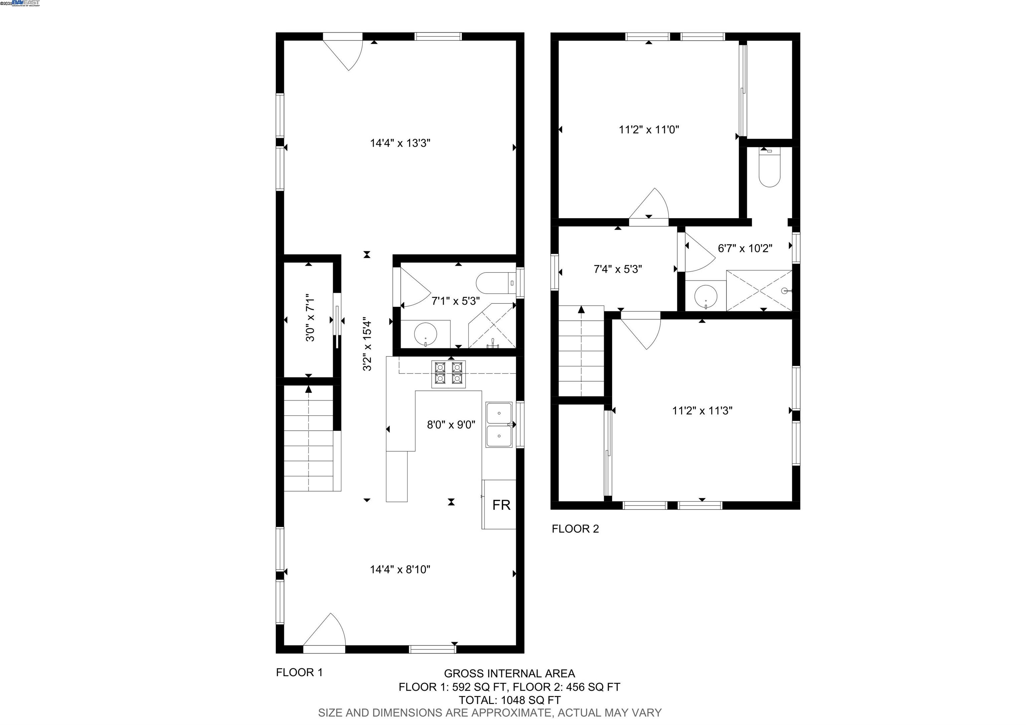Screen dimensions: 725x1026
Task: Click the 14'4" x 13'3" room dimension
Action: [x=400, y=143]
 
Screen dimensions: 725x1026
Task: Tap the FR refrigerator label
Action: [x=501, y=505]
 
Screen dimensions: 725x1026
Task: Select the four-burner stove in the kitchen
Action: [x=448, y=374]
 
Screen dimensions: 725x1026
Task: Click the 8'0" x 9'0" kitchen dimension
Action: [x=451, y=425]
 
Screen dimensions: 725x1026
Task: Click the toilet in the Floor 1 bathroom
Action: [x=495, y=283]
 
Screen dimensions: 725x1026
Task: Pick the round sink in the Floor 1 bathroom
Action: [x=425, y=333]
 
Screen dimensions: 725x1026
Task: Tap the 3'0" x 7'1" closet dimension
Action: [x=311, y=317]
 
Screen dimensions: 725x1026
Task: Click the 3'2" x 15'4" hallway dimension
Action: [x=367, y=344]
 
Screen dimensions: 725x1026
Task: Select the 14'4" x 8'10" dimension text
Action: [x=400, y=569]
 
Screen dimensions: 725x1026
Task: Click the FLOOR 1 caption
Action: [x=299, y=672]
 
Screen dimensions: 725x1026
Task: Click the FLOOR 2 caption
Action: [x=575, y=529]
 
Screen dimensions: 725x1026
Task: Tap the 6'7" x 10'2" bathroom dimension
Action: [x=745, y=249]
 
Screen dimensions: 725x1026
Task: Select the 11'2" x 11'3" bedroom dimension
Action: [x=702, y=411]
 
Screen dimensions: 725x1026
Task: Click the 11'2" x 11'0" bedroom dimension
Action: [x=649, y=130]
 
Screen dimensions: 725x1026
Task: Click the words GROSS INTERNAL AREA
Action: [x=509, y=674]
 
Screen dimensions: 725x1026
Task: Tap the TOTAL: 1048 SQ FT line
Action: [x=509, y=700]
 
